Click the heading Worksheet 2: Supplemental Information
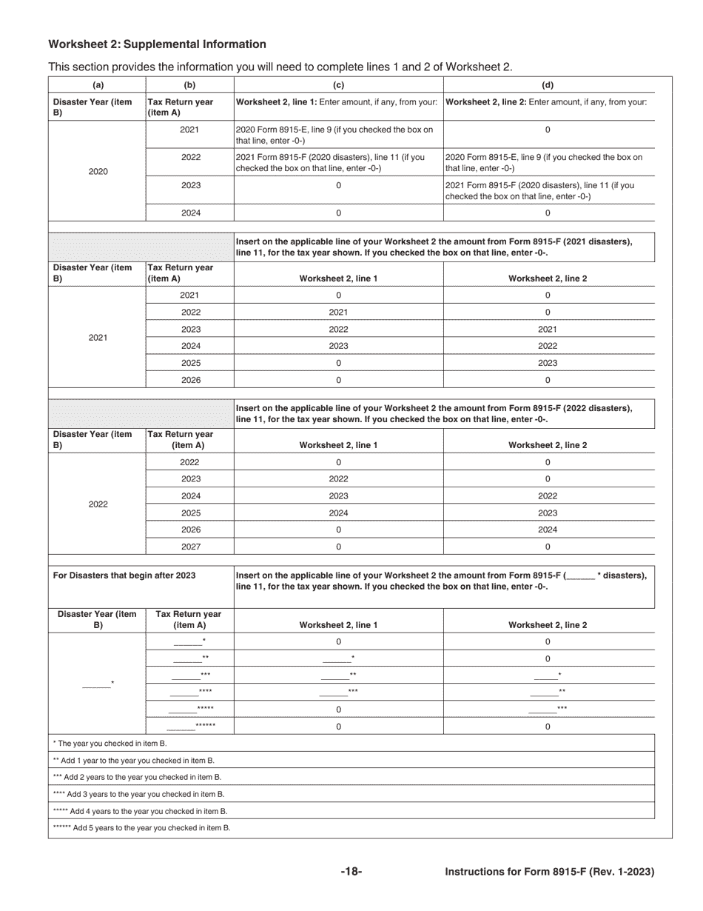click(x=157, y=44)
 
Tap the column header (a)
click(x=98, y=85)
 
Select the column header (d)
click(x=548, y=85)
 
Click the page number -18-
click(x=351, y=872)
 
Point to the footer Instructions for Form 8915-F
click(x=549, y=872)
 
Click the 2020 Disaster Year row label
click(x=98, y=171)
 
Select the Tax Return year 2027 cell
click(x=190, y=547)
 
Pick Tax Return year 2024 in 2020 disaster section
click(x=190, y=213)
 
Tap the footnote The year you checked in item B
click(x=110, y=743)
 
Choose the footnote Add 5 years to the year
click(x=141, y=827)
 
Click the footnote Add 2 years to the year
click(x=137, y=777)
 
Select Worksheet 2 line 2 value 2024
click(x=548, y=530)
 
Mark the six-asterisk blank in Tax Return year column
click(x=190, y=726)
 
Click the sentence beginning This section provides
click(x=280, y=67)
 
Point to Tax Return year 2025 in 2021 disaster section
click(x=190, y=363)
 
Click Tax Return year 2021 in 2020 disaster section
click(x=190, y=130)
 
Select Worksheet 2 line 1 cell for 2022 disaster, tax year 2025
click(x=338, y=513)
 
